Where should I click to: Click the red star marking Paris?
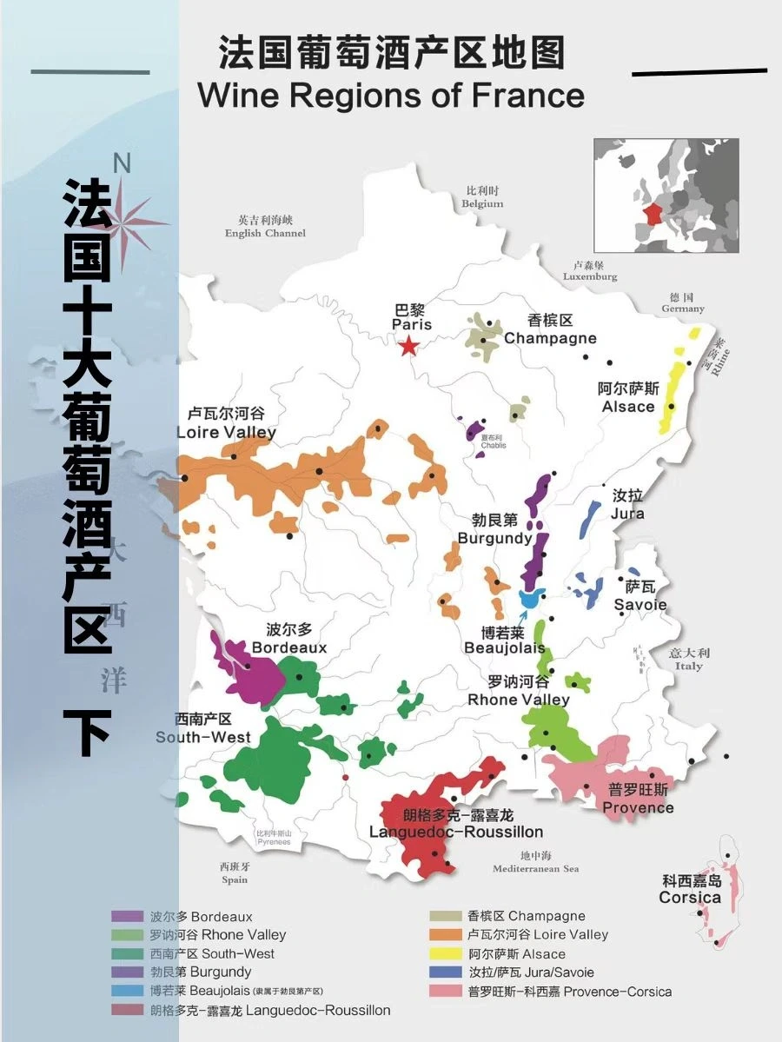pyautogui.click(x=408, y=347)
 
